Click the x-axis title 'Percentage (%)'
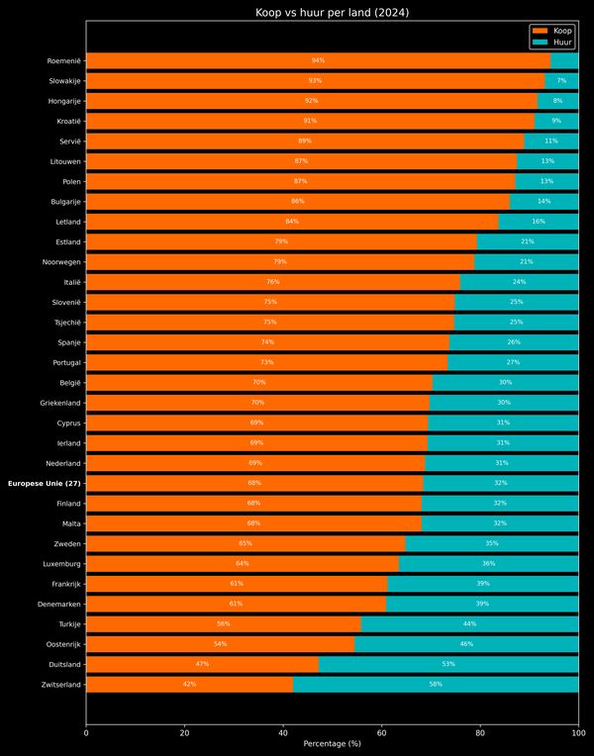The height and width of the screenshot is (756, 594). pos(333,743)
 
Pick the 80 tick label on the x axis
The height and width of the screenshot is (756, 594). pos(480,733)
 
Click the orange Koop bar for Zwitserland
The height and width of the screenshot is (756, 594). pos(189,684)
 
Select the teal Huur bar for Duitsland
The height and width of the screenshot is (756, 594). pos(448,664)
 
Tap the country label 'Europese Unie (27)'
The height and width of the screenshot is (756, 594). pos(45,483)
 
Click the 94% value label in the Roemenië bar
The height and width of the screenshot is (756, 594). pos(318,60)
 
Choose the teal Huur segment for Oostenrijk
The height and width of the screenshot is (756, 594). pos(466,644)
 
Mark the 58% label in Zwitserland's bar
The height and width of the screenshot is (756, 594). pos(436,684)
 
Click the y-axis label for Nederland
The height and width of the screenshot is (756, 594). pos(62,463)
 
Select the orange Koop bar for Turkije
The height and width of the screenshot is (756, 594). pos(224,623)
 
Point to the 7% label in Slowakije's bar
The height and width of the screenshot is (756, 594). pos(561,80)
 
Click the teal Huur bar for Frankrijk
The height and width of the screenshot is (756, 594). pos(483,584)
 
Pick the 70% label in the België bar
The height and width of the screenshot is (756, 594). pos(259,382)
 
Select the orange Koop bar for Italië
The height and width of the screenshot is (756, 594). pos(272,282)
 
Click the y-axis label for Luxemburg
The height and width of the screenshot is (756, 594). pos(60,564)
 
